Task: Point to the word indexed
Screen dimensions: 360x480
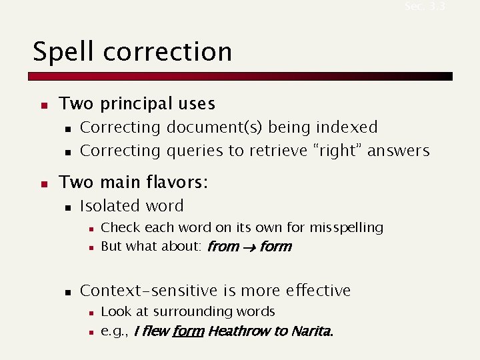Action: coord(347,127)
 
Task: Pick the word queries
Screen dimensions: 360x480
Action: coord(196,151)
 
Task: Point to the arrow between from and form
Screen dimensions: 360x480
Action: coord(249,247)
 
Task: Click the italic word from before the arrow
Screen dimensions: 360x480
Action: coord(223,247)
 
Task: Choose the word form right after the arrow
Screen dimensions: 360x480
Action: coord(275,247)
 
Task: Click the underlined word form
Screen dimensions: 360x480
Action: coord(188,331)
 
